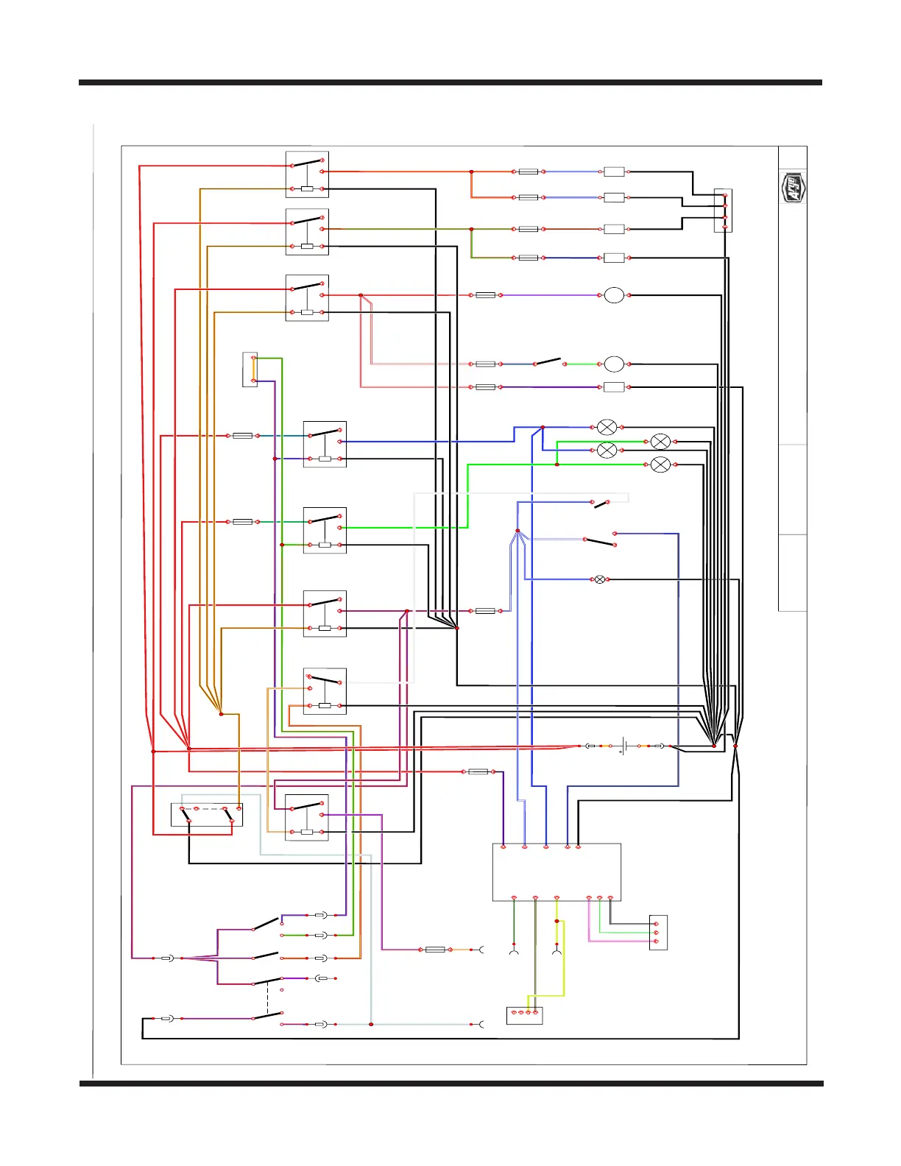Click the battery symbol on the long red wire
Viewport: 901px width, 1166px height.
coord(624,746)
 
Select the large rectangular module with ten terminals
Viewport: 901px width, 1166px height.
coord(556,872)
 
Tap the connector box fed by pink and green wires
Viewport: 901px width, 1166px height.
coord(658,933)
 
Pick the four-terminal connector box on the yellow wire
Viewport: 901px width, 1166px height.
coord(524,1015)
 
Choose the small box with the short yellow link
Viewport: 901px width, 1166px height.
coord(250,369)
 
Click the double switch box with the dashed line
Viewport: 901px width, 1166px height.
coord(207,814)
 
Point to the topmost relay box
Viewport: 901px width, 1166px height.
coord(307,174)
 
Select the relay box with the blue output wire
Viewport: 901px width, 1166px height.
coord(325,445)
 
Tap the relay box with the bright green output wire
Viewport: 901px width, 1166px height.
coord(325,531)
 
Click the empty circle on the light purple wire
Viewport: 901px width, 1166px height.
coord(614,295)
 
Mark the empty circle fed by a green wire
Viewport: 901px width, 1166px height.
coord(614,364)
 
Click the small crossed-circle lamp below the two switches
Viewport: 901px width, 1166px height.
coord(600,579)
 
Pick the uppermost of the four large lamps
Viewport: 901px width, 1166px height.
coord(607,427)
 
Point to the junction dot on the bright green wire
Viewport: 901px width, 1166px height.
coord(556,464)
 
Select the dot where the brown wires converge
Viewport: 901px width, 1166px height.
coord(221,714)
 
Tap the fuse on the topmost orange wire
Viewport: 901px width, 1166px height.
coord(528,172)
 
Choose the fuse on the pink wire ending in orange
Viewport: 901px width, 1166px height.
coord(435,950)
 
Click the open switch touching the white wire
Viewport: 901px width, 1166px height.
coord(602,504)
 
